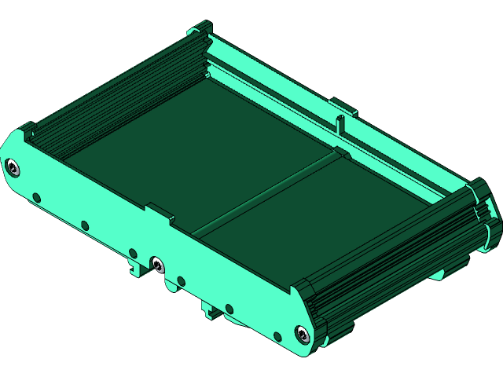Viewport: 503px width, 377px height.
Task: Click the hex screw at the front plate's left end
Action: [x=13, y=167]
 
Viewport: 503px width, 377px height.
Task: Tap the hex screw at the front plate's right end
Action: [x=302, y=334]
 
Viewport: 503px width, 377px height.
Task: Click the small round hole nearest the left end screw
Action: [x=36, y=197]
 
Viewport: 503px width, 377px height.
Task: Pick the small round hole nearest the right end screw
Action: [x=277, y=338]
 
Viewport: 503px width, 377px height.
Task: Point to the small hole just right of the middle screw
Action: [x=181, y=280]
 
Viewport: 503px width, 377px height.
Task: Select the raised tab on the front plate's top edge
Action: [x=158, y=210]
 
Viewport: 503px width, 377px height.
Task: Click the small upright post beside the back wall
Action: [x=340, y=124]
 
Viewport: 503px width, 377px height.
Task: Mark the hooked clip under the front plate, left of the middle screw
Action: [x=135, y=265]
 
